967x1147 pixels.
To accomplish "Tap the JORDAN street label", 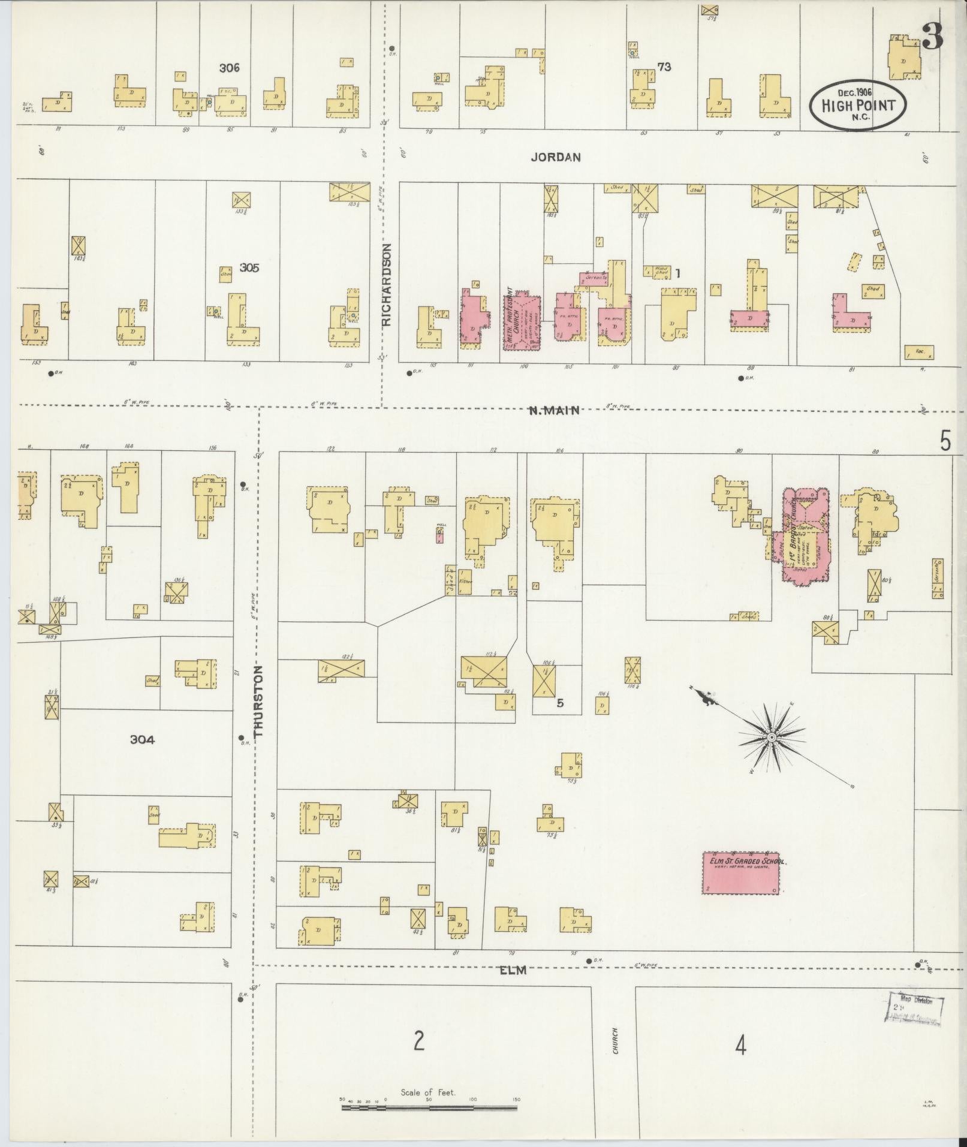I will click(555, 157).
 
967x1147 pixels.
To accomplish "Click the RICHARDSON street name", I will click(386, 284).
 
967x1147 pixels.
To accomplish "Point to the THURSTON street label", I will click(258, 702).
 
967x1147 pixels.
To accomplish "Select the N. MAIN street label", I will click(554, 411).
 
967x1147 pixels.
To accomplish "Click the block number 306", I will click(229, 68).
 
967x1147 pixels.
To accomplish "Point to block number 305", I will click(249, 268).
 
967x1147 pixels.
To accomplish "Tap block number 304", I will click(142, 740).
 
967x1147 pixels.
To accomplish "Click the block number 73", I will click(664, 67).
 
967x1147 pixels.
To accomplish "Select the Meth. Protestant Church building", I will click(521, 321).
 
